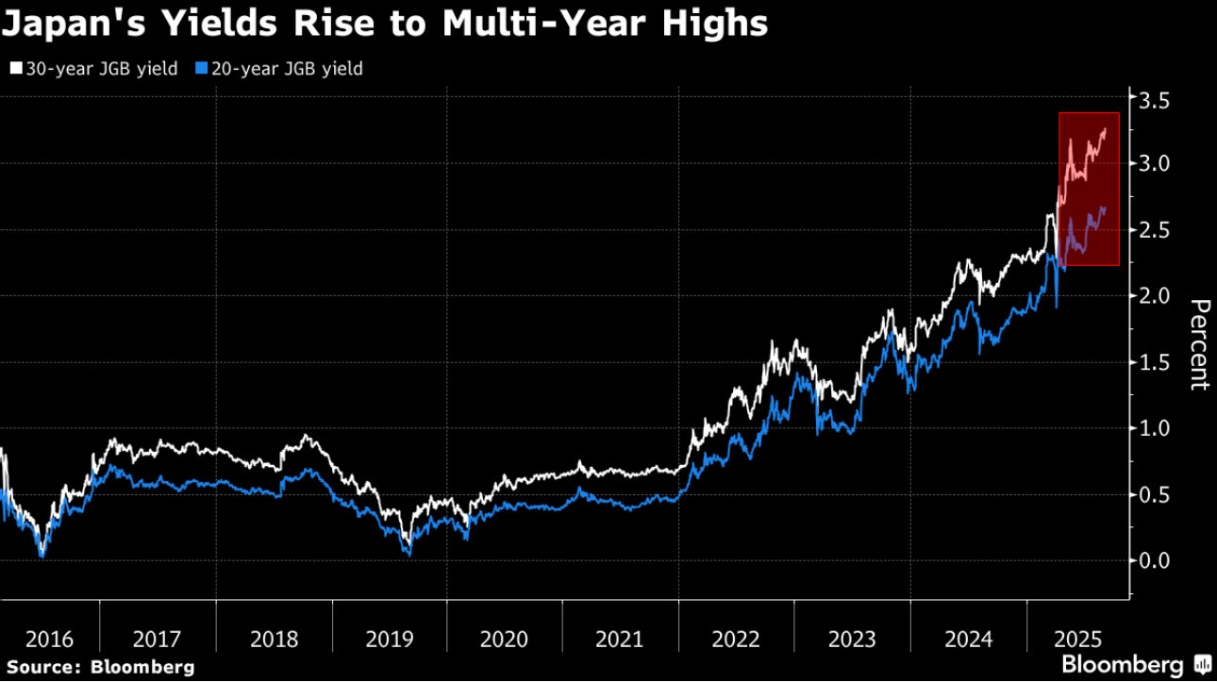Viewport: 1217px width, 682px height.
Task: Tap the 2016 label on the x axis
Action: (x=49, y=639)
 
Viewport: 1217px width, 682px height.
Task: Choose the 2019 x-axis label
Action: (x=390, y=639)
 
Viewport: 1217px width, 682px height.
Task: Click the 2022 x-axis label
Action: (x=736, y=639)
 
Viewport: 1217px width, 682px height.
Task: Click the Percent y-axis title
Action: (x=1198, y=344)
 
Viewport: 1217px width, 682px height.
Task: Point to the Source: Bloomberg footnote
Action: (x=98, y=667)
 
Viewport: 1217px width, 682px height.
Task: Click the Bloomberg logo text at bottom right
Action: (x=1122, y=663)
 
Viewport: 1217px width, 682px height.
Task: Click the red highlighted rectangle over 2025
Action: (x=1089, y=189)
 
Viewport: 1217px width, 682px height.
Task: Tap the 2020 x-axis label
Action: (x=504, y=639)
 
